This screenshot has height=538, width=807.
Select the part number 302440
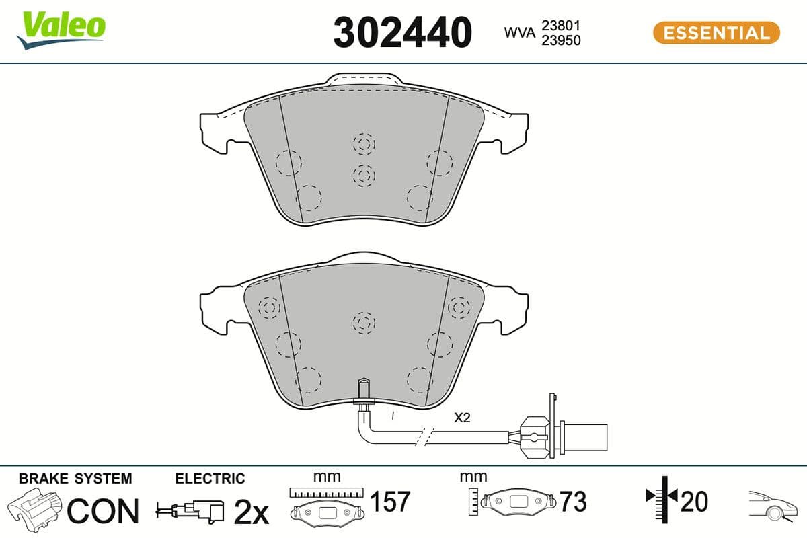402,33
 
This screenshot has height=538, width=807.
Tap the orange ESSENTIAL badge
716,32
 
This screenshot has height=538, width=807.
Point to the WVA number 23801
561,26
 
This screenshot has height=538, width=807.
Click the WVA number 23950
561,40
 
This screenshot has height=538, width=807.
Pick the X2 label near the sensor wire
462,418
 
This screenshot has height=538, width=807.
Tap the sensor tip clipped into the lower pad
363,390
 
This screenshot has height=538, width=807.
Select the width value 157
390,502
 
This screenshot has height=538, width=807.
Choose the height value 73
573,502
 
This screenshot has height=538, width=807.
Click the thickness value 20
694,502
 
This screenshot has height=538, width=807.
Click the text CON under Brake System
103,511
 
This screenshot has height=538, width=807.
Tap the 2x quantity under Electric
250,512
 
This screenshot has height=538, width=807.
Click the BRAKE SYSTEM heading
75,479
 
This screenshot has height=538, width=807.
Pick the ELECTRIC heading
210,479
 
